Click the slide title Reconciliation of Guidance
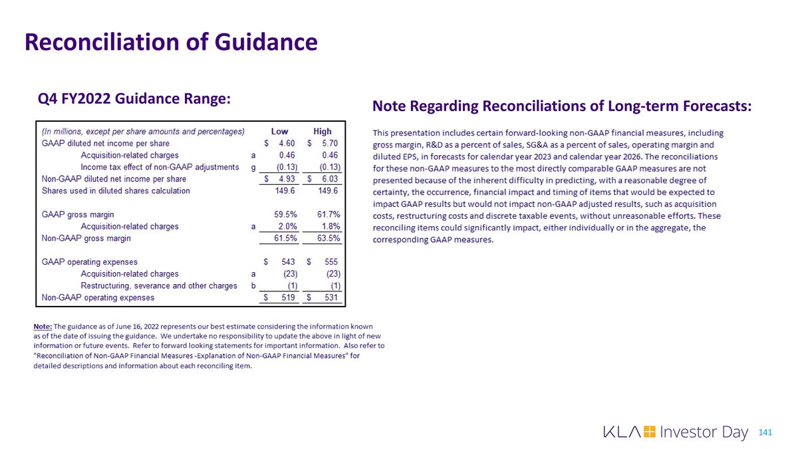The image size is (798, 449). [170, 43]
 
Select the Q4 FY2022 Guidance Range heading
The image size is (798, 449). [135, 98]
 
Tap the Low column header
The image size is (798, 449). [279, 131]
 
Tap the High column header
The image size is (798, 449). [323, 131]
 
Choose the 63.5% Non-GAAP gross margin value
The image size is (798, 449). [329, 238]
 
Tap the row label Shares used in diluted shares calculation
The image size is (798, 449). [116, 191]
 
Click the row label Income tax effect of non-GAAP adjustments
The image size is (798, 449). [160, 167]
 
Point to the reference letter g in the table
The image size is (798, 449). [254, 168]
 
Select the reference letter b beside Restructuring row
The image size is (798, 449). [254, 286]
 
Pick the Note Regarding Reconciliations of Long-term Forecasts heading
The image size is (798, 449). [562, 106]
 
